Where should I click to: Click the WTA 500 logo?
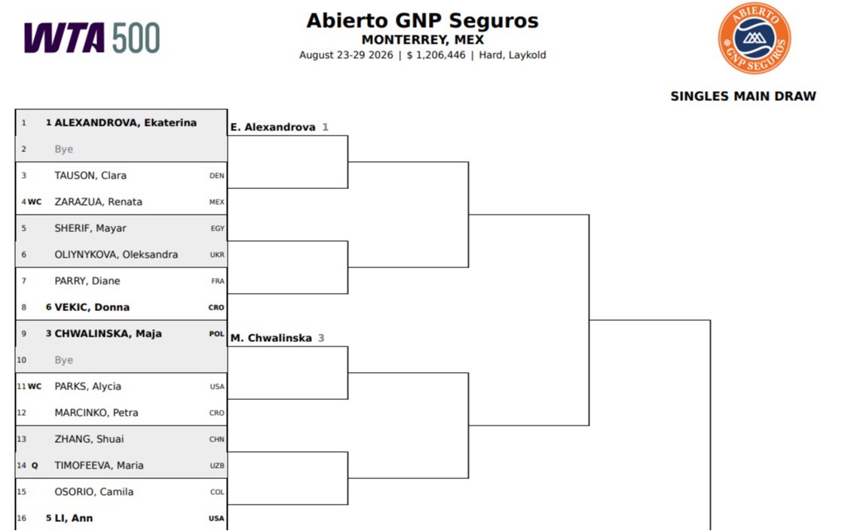coord(92,37)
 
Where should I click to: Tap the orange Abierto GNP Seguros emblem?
coord(755,38)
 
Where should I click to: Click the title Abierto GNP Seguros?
coord(422,20)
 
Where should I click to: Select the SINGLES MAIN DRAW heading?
coord(743,96)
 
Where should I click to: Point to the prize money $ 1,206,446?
coord(436,55)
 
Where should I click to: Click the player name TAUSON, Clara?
coord(90,175)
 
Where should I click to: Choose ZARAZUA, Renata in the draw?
coord(99,202)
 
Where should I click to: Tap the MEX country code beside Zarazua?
coord(217,202)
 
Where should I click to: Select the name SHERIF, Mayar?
coord(90,228)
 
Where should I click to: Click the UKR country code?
coord(217,255)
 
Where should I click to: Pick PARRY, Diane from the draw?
coord(87,281)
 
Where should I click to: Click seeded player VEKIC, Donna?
coord(92,307)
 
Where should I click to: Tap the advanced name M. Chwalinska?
coord(271,338)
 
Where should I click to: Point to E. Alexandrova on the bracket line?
coord(273,127)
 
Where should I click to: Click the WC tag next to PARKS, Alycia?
coord(35,386)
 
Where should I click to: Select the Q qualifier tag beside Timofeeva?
coord(35,465)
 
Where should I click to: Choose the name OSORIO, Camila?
coord(94,492)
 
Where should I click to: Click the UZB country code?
coord(217,465)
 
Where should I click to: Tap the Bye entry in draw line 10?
coord(64,360)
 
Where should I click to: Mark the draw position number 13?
coord(22,439)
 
